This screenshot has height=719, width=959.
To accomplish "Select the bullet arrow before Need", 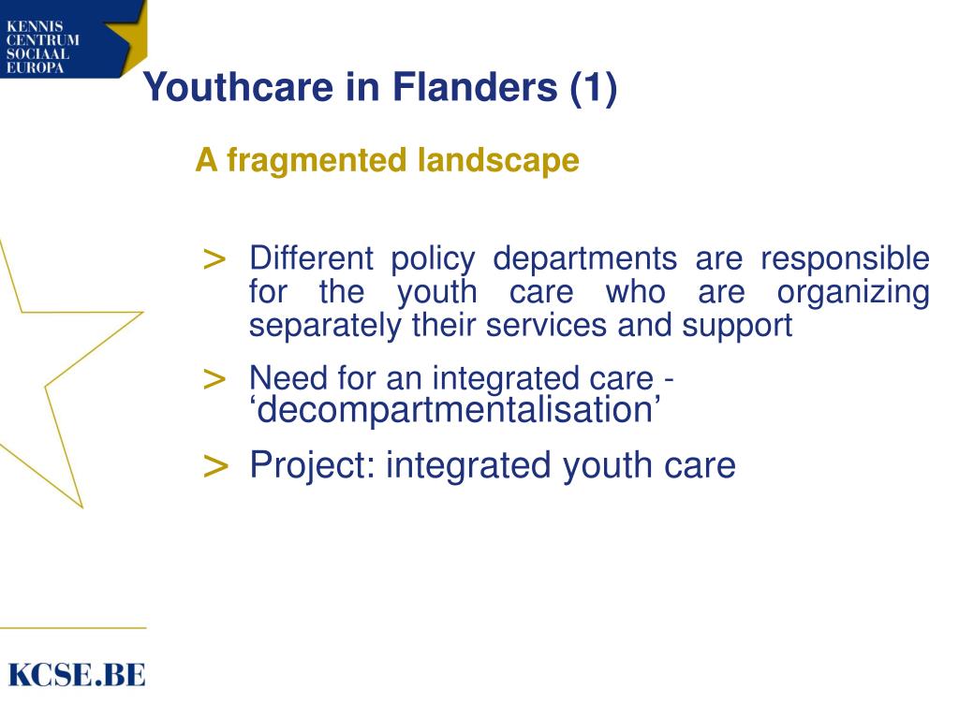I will (x=214, y=379).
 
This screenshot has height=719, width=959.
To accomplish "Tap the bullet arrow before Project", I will (x=215, y=465).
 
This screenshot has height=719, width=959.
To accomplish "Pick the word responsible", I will (x=844, y=258).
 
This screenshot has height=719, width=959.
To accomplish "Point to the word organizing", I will (x=852, y=293).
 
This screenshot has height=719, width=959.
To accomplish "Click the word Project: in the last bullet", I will (x=313, y=465).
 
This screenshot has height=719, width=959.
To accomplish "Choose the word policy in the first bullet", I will (x=433, y=258).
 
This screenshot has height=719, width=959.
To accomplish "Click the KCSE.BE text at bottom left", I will (x=77, y=674).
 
